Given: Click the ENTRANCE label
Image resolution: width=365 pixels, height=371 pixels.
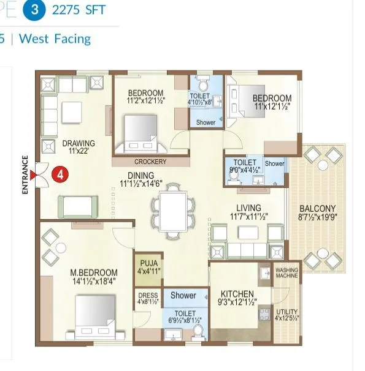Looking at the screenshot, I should (26, 175).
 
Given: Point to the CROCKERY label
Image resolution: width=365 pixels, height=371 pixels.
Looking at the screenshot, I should (150, 162).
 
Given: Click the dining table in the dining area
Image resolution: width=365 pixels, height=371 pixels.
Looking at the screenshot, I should (173, 209).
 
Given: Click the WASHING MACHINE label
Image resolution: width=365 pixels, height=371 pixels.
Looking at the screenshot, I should (286, 273).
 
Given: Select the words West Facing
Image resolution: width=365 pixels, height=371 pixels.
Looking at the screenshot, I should (55, 39).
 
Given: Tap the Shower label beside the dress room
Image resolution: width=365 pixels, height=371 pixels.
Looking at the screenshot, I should (183, 296).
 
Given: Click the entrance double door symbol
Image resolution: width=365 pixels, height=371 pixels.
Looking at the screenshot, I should (42, 174).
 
